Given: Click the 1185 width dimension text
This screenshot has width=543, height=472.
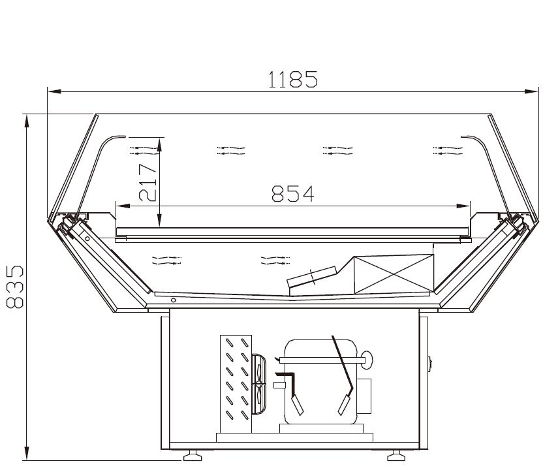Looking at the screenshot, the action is point(292,79).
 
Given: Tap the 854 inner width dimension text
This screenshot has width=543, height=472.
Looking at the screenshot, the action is point(293,194).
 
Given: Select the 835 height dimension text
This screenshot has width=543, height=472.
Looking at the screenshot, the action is point(15,287).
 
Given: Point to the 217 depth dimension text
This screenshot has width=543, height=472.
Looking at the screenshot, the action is point(148,182).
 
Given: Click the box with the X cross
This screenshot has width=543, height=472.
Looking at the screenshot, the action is point(394,274).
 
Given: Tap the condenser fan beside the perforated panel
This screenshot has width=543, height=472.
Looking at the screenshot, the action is point(258,384).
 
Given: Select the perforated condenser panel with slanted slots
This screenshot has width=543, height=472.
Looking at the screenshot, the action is point(236,384).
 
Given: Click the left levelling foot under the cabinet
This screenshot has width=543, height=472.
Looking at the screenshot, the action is point(193,456).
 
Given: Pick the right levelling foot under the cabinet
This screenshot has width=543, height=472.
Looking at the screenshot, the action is point(396,456).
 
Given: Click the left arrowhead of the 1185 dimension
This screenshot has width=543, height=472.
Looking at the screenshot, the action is point(54,91).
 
